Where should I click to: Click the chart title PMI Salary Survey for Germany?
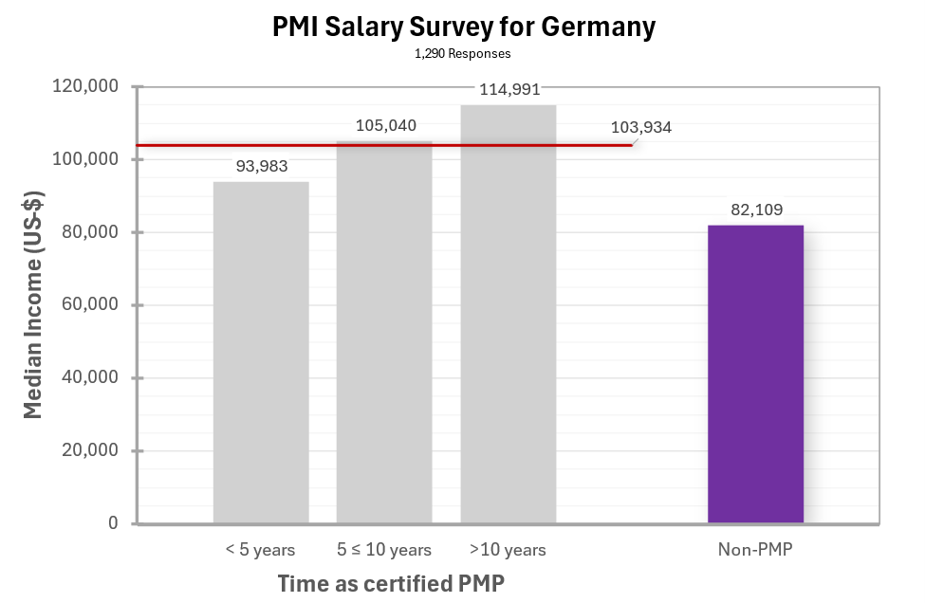pyautogui.click(x=463, y=27)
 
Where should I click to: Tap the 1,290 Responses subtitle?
pyautogui.click(x=462, y=54)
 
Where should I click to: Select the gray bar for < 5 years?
pyautogui.click(x=261, y=352)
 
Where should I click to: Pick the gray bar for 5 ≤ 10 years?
pyautogui.click(x=384, y=332)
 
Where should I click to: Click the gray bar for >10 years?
pyautogui.click(x=508, y=314)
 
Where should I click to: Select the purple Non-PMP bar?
pyautogui.click(x=755, y=374)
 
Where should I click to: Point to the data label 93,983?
pyautogui.click(x=261, y=166)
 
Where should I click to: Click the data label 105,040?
pyautogui.click(x=385, y=125)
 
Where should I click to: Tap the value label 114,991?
pyautogui.click(x=509, y=90)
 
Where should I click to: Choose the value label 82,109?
pyautogui.click(x=756, y=210)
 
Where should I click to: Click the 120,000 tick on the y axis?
pyautogui.click(x=84, y=87)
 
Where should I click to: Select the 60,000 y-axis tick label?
pyautogui.click(x=89, y=305)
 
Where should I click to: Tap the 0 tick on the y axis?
pyautogui.click(x=113, y=523)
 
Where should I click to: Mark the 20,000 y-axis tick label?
pyautogui.click(x=89, y=451)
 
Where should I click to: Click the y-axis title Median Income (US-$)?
pyautogui.click(x=33, y=304)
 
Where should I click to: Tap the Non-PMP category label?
pyautogui.click(x=755, y=550)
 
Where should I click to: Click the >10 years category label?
pyautogui.click(x=508, y=550)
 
